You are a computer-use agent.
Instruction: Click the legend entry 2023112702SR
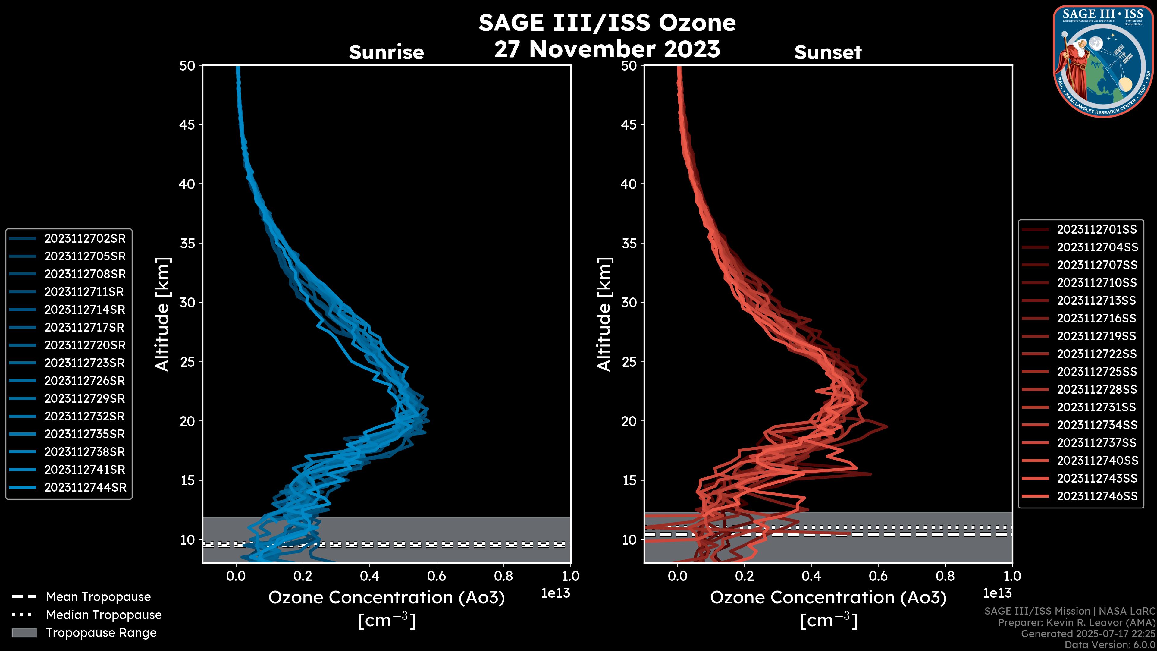point(85,239)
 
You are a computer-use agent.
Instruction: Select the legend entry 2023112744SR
point(85,487)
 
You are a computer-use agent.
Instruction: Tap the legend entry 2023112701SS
point(1097,230)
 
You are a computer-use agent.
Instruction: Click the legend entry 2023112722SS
point(1097,354)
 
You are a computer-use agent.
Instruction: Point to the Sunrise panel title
point(386,52)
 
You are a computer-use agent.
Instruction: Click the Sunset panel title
point(828,52)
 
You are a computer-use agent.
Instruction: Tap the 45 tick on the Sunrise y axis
point(187,125)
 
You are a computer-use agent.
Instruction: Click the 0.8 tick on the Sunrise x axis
point(503,576)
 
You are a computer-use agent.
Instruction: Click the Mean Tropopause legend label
point(98,597)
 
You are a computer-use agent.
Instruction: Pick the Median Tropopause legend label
point(104,615)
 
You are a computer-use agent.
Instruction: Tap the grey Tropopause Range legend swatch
point(24,633)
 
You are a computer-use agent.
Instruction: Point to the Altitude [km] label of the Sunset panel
point(604,314)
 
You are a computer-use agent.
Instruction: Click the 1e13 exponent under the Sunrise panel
point(556,593)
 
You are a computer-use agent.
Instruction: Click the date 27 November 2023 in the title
point(607,49)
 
